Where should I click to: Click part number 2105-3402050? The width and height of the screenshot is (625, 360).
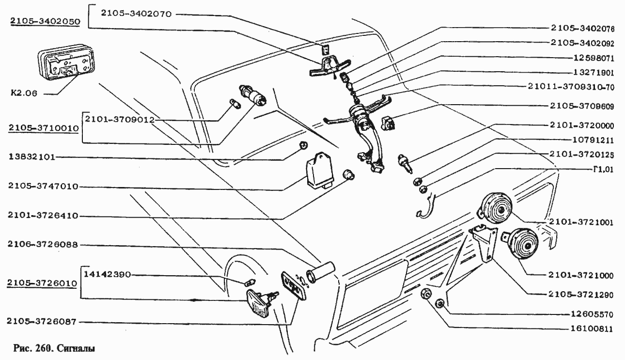pyautogui.click(x=45, y=21)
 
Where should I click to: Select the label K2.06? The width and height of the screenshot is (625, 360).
pyautogui.click(x=24, y=93)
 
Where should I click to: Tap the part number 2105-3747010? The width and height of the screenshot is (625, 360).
pyautogui.click(x=43, y=186)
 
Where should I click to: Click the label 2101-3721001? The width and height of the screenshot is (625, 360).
pyautogui.click(x=581, y=222)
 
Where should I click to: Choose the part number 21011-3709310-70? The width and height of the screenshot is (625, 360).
pyautogui.click(x=571, y=87)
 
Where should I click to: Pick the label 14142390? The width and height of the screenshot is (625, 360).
pyautogui.click(x=107, y=275)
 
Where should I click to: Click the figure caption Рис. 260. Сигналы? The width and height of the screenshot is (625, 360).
pyautogui.click(x=54, y=348)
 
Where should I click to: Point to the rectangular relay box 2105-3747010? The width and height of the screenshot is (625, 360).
pyautogui.click(x=320, y=170)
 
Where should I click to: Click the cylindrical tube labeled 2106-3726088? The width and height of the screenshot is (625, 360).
pyautogui.click(x=320, y=272)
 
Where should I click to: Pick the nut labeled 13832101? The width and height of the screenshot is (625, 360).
pyautogui.click(x=304, y=145)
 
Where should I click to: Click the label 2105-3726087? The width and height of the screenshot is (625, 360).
pyautogui.click(x=42, y=322)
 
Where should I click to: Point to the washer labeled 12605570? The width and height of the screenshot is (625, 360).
pyautogui.click(x=440, y=304)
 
